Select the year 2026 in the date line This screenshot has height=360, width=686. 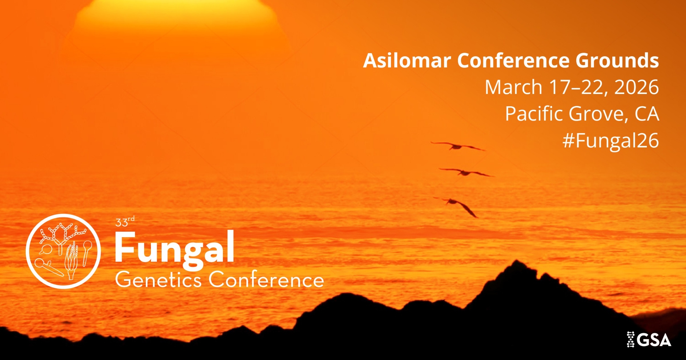637,87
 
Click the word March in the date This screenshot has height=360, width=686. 513,87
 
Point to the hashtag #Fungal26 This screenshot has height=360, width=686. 611,141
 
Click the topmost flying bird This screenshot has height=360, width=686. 458,146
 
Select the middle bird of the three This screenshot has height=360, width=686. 466,172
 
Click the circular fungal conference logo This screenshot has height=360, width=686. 63,251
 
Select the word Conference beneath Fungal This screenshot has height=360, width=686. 266,279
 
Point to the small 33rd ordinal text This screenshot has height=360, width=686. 125,221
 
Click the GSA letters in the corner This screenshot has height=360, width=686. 655,340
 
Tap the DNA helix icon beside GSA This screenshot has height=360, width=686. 631,339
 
